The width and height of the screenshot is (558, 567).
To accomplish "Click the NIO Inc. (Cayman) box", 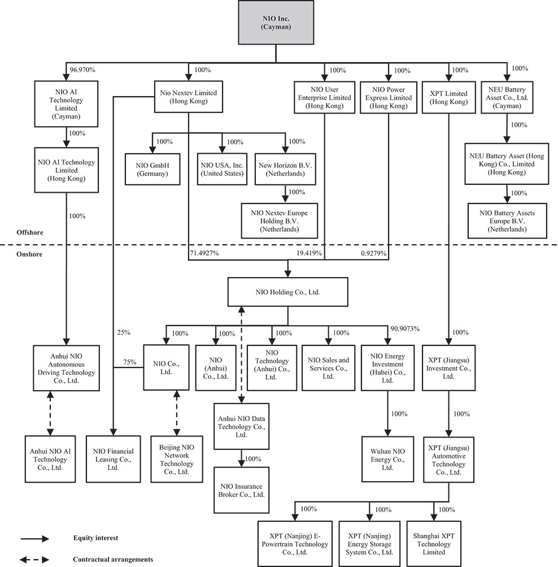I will coord(276,22).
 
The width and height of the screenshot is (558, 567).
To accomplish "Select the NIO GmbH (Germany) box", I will coord(152,169).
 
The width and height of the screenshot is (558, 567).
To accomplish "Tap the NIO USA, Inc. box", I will coord(222,169).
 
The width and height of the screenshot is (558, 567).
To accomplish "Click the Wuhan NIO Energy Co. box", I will coord(387,458).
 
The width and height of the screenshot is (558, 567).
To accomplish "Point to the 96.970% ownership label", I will coord(82,70).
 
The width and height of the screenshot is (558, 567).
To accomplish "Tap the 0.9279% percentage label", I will coord(373,254).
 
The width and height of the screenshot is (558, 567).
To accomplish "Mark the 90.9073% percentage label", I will coord(406,329).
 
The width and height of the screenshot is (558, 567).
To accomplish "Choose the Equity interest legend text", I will coord(95,538).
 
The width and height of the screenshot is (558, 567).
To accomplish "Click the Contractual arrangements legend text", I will coord(113,559).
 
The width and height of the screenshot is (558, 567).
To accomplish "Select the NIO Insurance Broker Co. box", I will coord(242,490).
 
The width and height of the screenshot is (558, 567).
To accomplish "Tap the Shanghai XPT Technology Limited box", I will coord(434,544).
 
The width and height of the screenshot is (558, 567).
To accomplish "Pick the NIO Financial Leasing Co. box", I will coord(114,459).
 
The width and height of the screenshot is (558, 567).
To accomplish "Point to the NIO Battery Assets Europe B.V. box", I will coord(507,221).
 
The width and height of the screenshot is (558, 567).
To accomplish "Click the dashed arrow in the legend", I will coord(34,560).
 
